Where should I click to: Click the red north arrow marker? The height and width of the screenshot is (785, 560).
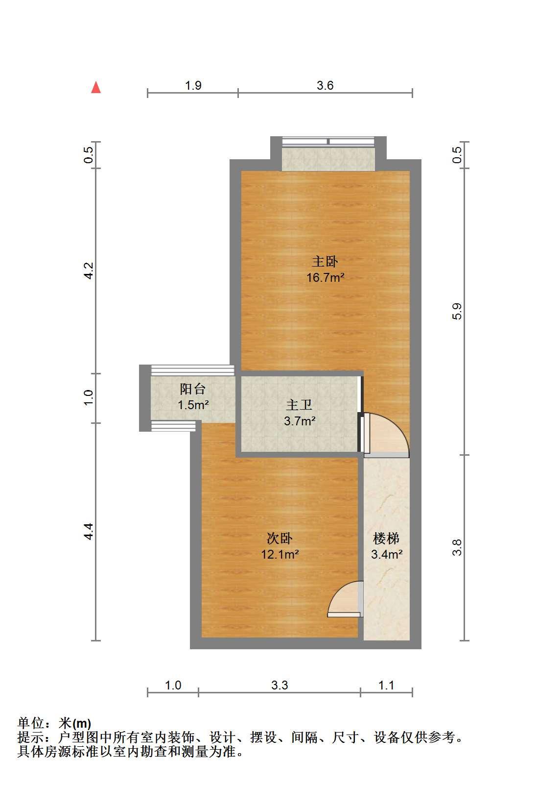[x=96, y=88]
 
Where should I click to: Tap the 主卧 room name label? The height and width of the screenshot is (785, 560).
[x=325, y=262]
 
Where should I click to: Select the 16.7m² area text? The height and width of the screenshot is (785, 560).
[x=325, y=277]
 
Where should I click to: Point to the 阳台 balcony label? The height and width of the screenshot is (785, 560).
[x=192, y=389]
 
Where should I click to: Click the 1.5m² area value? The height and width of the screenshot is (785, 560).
[x=193, y=405]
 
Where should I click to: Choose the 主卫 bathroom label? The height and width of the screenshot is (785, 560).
[x=299, y=405]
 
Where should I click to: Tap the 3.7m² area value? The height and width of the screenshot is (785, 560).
[x=300, y=421]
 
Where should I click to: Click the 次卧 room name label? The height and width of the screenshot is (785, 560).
[x=280, y=539]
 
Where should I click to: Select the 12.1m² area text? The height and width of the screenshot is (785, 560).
[x=280, y=554]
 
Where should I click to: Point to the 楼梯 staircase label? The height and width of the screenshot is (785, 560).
[x=386, y=539]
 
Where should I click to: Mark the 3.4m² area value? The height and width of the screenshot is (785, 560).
[x=387, y=554]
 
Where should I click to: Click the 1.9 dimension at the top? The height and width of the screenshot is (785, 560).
[x=193, y=86]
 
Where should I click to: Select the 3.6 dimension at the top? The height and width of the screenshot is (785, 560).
[x=325, y=86]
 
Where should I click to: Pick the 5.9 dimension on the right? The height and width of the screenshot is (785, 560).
[x=457, y=311]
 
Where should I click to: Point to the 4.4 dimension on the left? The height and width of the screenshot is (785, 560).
[x=89, y=531]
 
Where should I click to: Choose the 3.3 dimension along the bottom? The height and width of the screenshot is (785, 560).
[x=280, y=685]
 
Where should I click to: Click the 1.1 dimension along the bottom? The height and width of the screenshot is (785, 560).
[x=386, y=685]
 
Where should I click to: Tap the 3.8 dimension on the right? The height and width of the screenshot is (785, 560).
[x=457, y=547]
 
